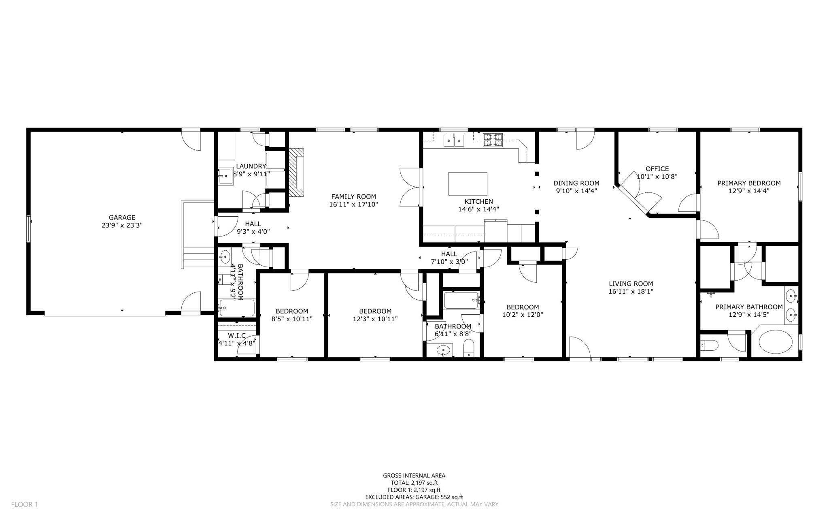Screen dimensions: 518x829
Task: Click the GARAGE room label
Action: [x=122, y=217]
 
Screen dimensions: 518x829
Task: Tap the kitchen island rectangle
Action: [x=468, y=183]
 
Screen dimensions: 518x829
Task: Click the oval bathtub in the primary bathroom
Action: [x=775, y=342]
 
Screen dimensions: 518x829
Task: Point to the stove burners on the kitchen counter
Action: [x=493, y=140]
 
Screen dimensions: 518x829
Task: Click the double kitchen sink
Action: [x=454, y=140]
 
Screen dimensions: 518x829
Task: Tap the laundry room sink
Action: [x=226, y=176]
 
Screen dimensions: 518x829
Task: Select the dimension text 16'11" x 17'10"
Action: [x=353, y=205]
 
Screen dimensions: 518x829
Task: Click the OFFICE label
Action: [x=657, y=168]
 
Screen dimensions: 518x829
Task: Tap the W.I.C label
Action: [x=237, y=335]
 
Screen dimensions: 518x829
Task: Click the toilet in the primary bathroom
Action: [x=709, y=345]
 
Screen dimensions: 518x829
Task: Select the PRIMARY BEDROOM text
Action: [x=749, y=183]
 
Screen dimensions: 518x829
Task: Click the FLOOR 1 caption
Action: [x=24, y=504]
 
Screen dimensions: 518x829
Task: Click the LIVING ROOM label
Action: [x=631, y=284]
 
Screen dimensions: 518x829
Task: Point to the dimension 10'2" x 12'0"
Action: [x=522, y=315]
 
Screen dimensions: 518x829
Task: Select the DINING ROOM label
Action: [x=576, y=183]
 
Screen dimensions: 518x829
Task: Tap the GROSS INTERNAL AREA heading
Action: [x=414, y=475]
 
